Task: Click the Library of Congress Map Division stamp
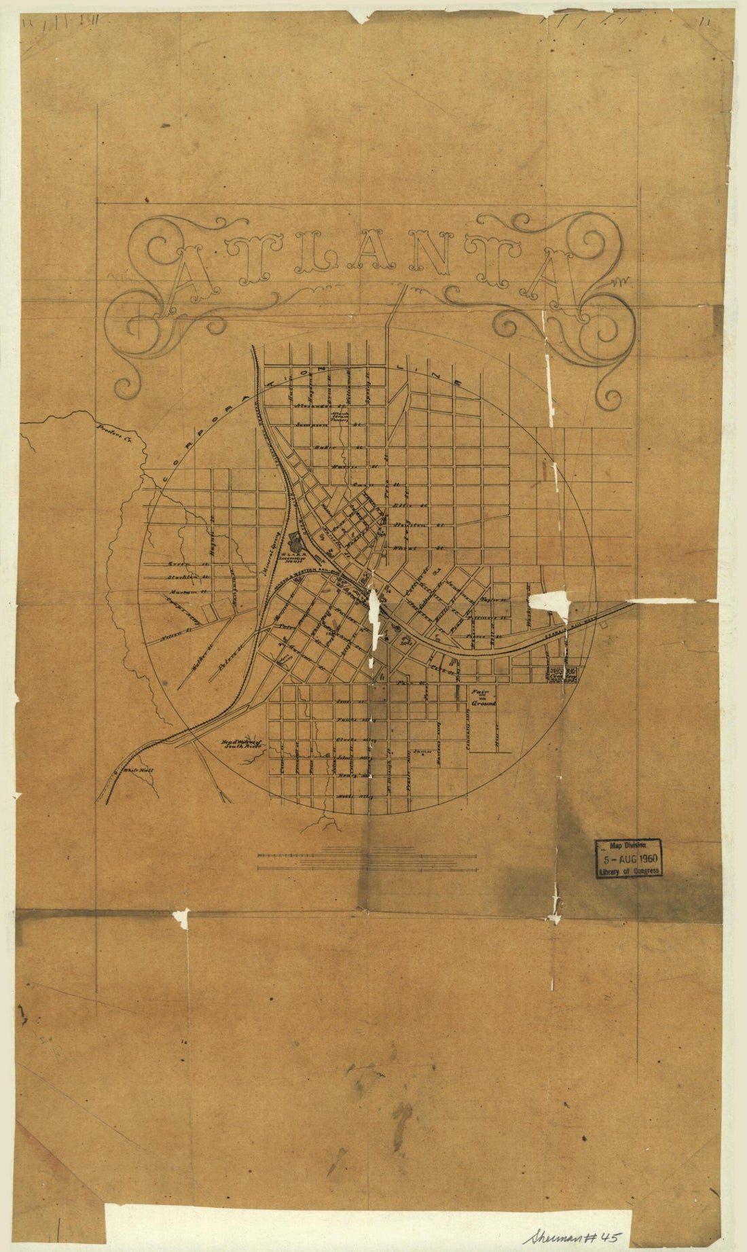pyautogui.click(x=628, y=858)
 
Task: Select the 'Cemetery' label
pyautogui.click(x=562, y=673)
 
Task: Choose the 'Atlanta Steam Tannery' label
pyautogui.click(x=340, y=416)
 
